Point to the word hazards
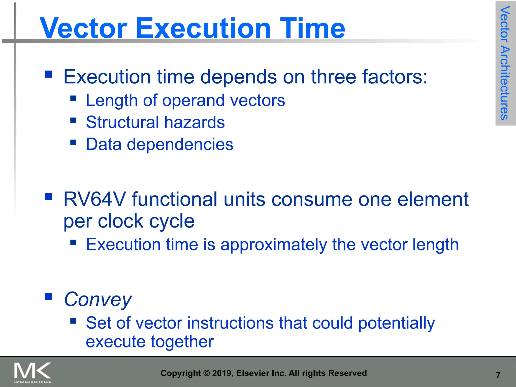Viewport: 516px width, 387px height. [194, 122]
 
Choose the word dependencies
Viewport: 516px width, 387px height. [180, 144]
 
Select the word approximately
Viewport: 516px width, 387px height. [273, 245]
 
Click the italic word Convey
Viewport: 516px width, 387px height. [98, 300]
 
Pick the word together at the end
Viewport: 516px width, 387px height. [182, 342]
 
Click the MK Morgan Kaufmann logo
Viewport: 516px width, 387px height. [33, 372]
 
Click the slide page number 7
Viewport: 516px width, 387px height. [498, 375]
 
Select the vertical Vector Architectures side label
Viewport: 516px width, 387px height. [505, 63]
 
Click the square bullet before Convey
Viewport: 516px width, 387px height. [48, 297]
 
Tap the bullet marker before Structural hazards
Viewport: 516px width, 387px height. [73, 120]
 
